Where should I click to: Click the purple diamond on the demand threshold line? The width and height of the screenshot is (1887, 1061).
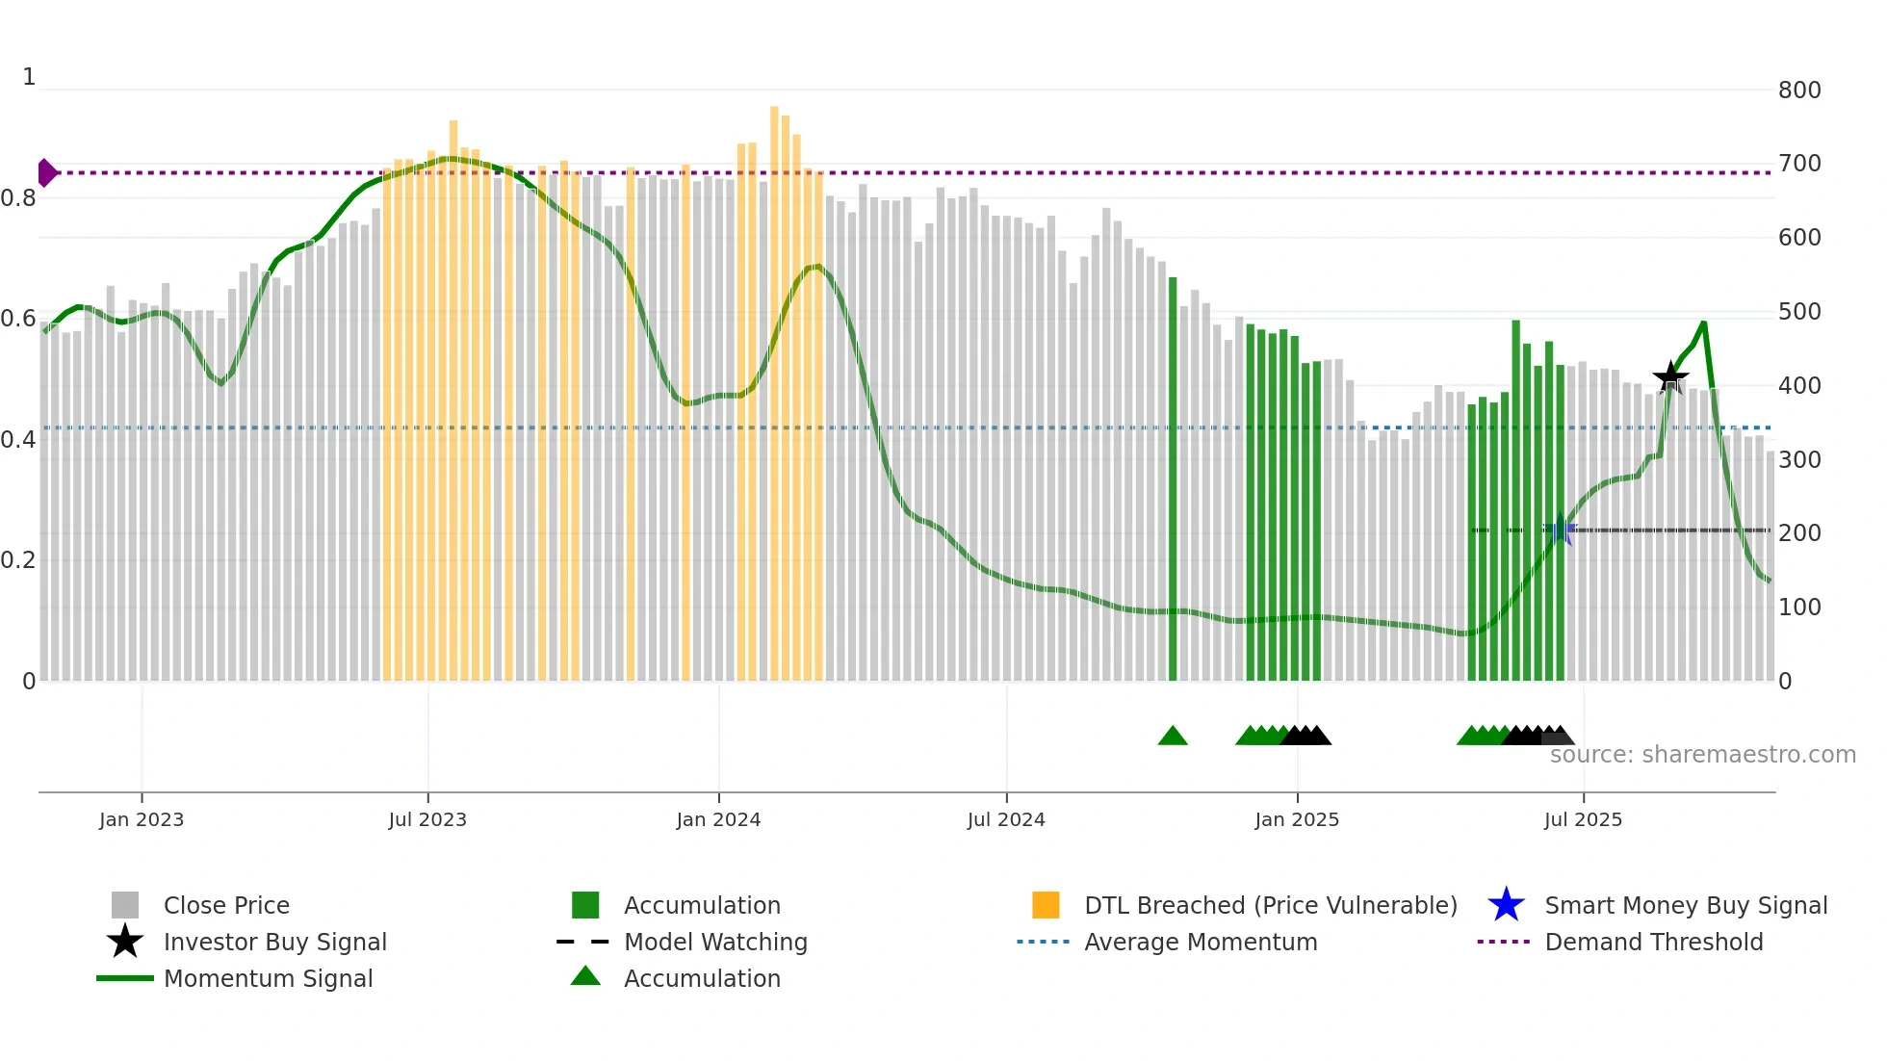(46, 173)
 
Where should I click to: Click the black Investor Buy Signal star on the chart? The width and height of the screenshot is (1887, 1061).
(1670, 377)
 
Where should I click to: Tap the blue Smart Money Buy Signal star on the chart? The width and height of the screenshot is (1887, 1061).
(1560, 530)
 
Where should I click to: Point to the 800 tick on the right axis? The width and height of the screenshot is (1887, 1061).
(1798, 91)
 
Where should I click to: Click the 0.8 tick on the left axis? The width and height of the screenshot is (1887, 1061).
(18, 198)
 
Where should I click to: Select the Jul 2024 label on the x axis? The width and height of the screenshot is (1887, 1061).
(1006, 819)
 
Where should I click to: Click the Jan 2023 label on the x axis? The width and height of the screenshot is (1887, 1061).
(142, 819)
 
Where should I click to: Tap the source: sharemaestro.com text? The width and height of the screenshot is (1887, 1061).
(1702, 755)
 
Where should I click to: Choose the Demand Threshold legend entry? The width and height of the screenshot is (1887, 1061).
(1653, 942)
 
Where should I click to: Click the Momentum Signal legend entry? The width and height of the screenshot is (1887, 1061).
(268, 978)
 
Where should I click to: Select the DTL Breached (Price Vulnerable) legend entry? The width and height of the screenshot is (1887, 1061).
(1270, 905)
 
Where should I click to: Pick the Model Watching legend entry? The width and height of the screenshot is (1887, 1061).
(715, 942)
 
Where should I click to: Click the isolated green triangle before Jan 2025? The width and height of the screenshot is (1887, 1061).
(1173, 737)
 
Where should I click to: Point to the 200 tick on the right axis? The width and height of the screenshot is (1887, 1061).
(1798, 533)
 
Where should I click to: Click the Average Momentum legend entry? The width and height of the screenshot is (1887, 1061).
(1200, 942)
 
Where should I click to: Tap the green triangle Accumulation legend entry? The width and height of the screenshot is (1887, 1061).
(702, 978)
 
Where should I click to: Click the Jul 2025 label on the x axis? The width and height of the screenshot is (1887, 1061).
(1583, 819)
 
